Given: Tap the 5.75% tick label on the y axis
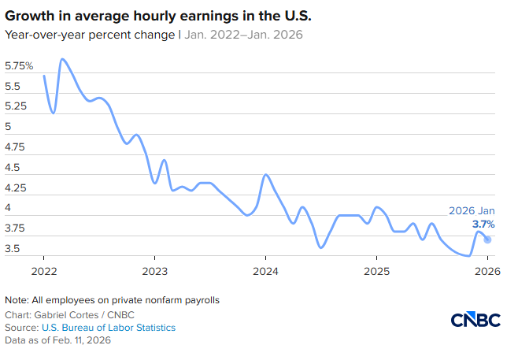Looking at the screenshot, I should (x=20, y=66).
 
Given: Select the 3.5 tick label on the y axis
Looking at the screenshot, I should (x=13, y=249).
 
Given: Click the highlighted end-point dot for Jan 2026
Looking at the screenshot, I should (x=487, y=239).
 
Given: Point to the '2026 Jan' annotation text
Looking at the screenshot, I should (x=472, y=211).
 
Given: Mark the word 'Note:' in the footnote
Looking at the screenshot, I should (x=17, y=301).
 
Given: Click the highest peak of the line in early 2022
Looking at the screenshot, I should (x=62, y=59).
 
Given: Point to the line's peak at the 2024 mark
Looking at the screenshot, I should (x=266, y=174).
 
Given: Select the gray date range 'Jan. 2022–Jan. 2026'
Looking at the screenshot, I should (x=243, y=35).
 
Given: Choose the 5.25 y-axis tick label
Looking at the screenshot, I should (x=16, y=106).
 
